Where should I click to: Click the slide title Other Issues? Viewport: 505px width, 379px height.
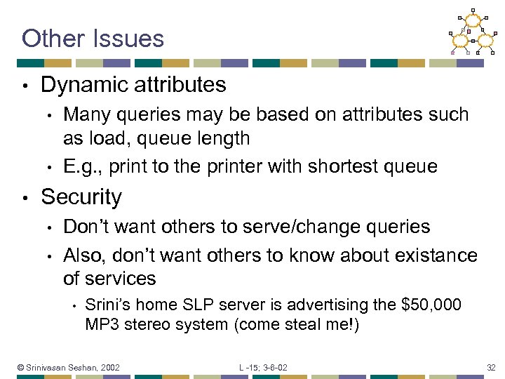(93, 38)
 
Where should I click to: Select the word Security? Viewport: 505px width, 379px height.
(81, 197)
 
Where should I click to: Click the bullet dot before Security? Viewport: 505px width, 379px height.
(25, 199)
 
